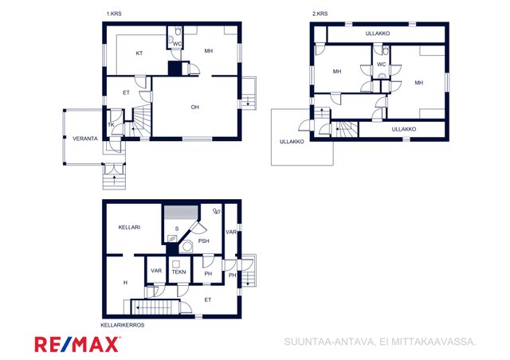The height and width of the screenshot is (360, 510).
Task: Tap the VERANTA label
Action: click(85, 139)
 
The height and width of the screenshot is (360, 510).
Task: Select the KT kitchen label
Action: click(139, 53)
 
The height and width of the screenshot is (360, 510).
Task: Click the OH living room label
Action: click(194, 107)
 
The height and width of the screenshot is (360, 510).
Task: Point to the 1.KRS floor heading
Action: click(114, 14)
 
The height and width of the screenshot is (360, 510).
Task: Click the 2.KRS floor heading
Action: click(320, 14)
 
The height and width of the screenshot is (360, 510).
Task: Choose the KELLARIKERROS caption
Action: click(123, 325)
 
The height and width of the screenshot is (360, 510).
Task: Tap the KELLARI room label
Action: click(129, 227)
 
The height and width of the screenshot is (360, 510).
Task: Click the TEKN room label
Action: click(178, 272)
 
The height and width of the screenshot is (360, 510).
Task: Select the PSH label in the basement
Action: click(204, 241)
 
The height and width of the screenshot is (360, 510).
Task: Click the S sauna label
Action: click(177, 229)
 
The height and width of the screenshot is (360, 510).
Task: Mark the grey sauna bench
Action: click(181, 212)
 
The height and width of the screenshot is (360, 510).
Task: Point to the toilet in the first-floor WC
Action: click(178, 31)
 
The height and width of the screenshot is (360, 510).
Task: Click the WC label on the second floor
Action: click(381, 65)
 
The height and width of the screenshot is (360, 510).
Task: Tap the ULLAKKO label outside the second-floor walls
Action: click(292, 142)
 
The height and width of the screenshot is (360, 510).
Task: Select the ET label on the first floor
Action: click(126, 92)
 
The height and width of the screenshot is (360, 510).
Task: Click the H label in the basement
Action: click(126, 283)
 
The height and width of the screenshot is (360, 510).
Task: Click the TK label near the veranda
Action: click(111, 124)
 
